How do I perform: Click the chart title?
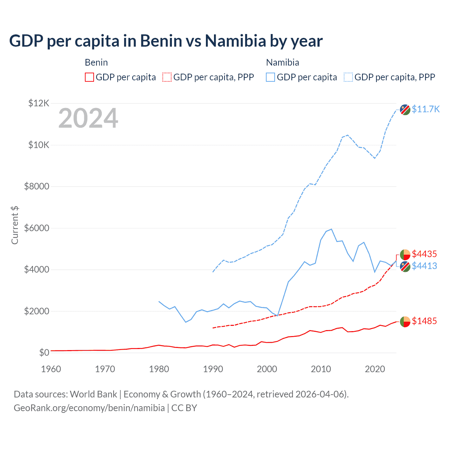pyautogui.click(x=166, y=41)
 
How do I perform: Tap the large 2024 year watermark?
pyautogui.click(x=88, y=119)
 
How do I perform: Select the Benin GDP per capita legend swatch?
pyautogui.click(x=89, y=77)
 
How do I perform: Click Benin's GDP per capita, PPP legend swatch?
pyautogui.click(x=167, y=77)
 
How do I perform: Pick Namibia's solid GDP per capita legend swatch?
pyautogui.click(x=270, y=77)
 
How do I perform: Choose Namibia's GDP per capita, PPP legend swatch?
pyautogui.click(x=348, y=77)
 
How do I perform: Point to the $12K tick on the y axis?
pyautogui.click(x=39, y=103)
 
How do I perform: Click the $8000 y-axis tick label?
pyautogui.click(x=36, y=186)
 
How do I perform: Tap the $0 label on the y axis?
pyautogui.click(x=44, y=353)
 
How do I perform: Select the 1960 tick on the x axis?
pyautogui.click(x=51, y=369)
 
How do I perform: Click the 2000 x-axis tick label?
pyautogui.click(x=267, y=369)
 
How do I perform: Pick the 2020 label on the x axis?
pyautogui.click(x=375, y=369)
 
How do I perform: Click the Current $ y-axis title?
pyautogui.click(x=15, y=225)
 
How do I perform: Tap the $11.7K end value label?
pyautogui.click(x=425, y=109)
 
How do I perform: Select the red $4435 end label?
pyautogui.click(x=424, y=254)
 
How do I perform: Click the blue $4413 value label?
pyautogui.click(x=424, y=266)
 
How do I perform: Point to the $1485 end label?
pyautogui.click(x=424, y=321)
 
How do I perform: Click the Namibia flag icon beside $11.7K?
pyautogui.click(x=405, y=109)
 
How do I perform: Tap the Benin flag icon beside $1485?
pyautogui.click(x=405, y=321)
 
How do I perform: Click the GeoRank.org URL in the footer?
pyautogui.click(x=89, y=408)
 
